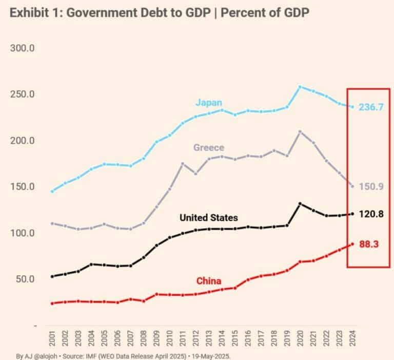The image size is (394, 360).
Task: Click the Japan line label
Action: pyautogui.click(x=208, y=102)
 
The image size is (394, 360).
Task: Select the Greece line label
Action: pyautogui.click(x=208, y=148)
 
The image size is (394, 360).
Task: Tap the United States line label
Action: pyautogui.click(x=208, y=218)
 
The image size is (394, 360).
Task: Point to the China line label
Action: pyautogui.click(x=209, y=281)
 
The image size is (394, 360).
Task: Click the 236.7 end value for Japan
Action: pyautogui.click(x=371, y=107)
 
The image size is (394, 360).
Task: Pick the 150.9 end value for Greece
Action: pyautogui.click(x=371, y=186)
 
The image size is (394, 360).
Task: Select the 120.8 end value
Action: pyautogui.click(x=371, y=214)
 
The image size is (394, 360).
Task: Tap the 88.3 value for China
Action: pyautogui.click(x=368, y=244)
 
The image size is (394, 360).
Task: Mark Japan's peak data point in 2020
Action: pyautogui.click(x=300, y=87)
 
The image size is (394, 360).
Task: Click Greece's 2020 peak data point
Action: pyautogui.click(x=300, y=131)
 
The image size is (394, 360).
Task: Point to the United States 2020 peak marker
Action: pyautogui.click(x=300, y=204)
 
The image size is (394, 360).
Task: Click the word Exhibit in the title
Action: pyautogui.click(x=29, y=13)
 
